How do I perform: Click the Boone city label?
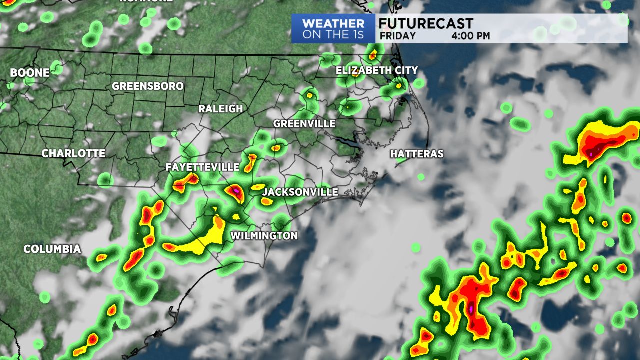pos(30,73)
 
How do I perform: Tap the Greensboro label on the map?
pos(148,86)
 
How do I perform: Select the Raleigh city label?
pos(220,109)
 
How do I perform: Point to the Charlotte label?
pos(73,154)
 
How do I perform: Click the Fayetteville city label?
pos(202,167)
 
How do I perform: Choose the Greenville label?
pos(304,124)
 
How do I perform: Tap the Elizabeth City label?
pos(376,71)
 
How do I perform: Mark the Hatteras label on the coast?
pos(417,154)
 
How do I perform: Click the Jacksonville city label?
pos(300,192)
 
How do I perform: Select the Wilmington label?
pos(264,236)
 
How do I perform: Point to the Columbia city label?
pos(52,249)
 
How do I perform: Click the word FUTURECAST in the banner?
pos(425,23)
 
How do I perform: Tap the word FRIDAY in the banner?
pos(397,36)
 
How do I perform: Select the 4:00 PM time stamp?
pos(470,36)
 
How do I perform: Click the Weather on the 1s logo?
pos(333,29)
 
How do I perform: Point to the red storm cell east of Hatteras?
pos(597,142)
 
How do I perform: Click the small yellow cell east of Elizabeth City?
pos(398,85)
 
